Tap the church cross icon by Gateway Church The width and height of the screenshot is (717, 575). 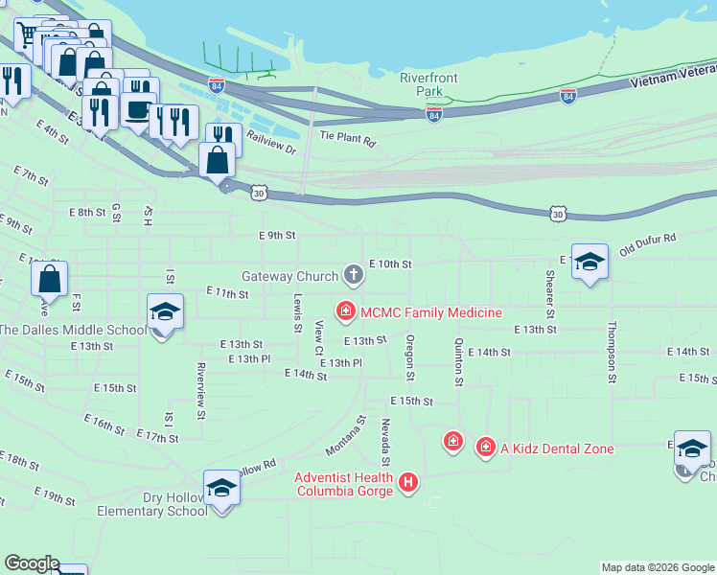(354, 276)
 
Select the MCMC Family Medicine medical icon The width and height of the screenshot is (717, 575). (344, 311)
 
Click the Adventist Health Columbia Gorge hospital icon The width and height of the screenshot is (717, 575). (408, 481)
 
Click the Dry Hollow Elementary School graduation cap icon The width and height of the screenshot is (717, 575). (221, 488)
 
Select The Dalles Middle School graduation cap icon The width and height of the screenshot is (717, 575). (165, 311)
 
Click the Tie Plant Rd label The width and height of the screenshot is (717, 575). (347, 140)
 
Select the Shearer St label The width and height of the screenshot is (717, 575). (550, 294)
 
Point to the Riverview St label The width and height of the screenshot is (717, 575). (201, 389)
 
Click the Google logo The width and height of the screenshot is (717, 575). (31, 563)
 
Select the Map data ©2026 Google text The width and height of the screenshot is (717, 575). (657, 567)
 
